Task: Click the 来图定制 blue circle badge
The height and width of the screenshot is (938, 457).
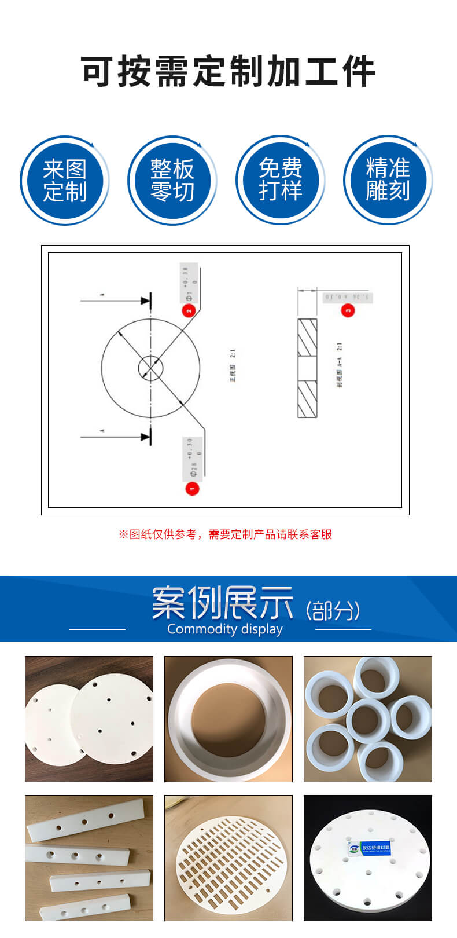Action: coord(64,181)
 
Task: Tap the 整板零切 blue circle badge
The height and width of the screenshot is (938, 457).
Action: coord(172,181)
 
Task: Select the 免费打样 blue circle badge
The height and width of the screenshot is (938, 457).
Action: coord(280,181)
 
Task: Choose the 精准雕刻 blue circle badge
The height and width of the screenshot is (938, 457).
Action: coord(388,181)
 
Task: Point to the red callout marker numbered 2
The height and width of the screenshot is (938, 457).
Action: coord(189,310)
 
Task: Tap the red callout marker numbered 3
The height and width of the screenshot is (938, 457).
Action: coord(348,310)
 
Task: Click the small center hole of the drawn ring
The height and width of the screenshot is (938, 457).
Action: coord(150,368)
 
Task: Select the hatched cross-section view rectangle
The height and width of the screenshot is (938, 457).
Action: coord(307,368)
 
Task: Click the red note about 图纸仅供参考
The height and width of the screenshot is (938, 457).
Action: coord(226,534)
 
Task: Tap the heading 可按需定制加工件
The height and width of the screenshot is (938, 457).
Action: coord(228,72)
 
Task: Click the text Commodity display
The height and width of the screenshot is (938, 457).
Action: coord(225,629)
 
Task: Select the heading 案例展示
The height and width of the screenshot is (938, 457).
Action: coord(223,603)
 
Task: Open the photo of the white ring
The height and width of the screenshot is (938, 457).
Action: coord(228,719)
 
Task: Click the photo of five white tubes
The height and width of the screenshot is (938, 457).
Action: coord(368,719)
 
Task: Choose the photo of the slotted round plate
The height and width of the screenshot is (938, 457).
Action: coord(228,858)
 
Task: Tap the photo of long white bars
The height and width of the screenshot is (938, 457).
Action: coord(89,858)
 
